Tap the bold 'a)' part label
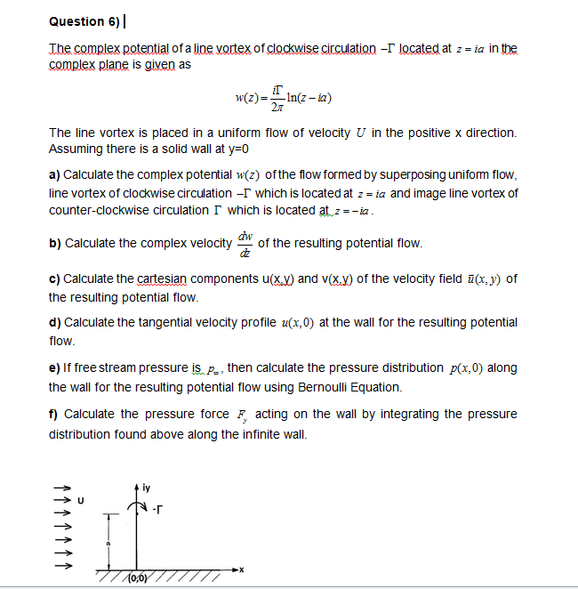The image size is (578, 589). [54, 175]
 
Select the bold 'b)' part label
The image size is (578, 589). [54, 243]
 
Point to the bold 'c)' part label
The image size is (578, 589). [54, 279]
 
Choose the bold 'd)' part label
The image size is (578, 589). [54, 322]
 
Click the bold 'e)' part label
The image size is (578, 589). [54, 368]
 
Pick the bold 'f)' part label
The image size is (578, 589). [53, 415]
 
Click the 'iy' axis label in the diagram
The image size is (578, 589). [144, 488]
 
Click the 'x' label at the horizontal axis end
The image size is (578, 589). [241, 567]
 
